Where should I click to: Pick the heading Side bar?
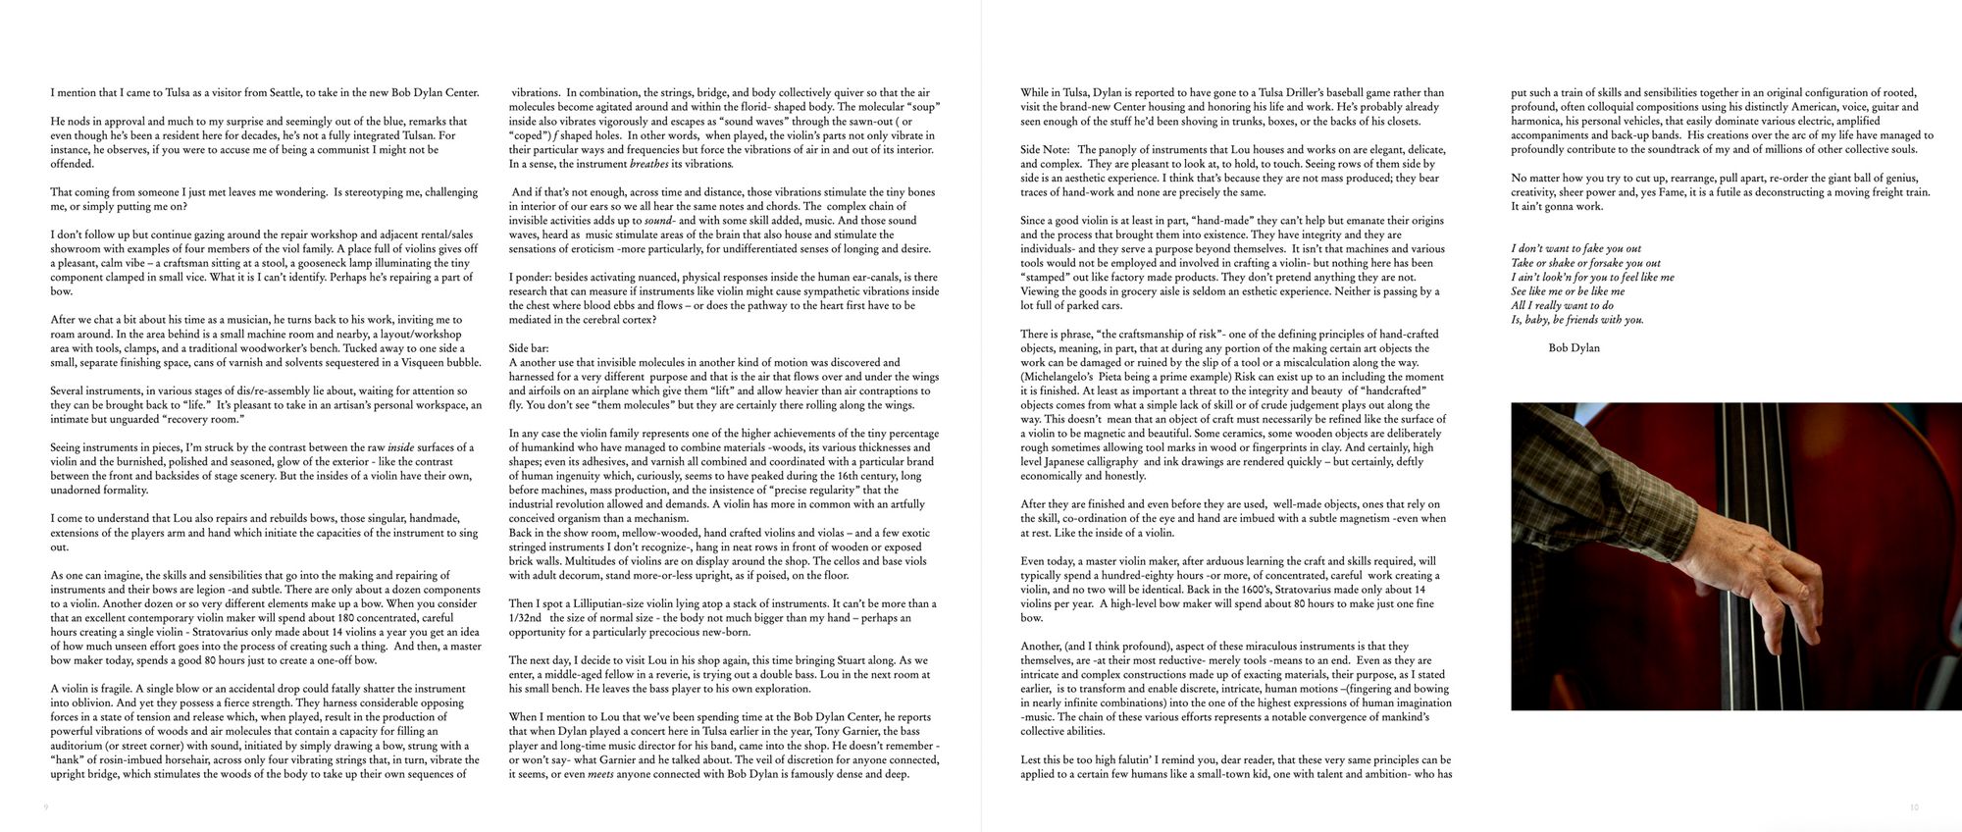tap(529, 348)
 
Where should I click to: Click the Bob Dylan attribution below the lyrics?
tap(1574, 348)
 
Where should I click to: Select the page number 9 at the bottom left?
tap(46, 807)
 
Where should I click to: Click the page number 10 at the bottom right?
tap(1913, 807)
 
